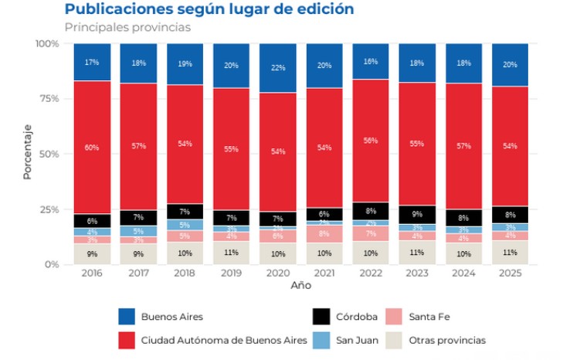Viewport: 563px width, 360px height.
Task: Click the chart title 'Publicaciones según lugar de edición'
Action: click(x=209, y=10)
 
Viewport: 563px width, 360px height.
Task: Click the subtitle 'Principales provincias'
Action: click(x=127, y=28)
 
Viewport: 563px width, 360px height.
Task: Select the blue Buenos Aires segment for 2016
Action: click(x=92, y=62)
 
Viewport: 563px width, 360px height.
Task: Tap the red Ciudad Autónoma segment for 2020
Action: click(x=278, y=151)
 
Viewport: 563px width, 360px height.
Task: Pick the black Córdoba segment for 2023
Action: click(x=417, y=215)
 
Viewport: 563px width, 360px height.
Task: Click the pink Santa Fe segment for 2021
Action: click(x=324, y=233)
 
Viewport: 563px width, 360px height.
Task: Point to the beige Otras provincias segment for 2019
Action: click(x=231, y=253)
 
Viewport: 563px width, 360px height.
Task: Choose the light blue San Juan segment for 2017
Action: click(x=138, y=231)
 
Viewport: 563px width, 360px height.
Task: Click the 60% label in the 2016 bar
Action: click(x=92, y=148)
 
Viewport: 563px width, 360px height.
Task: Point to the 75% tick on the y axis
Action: click(x=48, y=99)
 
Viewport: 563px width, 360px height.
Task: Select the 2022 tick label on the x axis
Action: click(x=371, y=273)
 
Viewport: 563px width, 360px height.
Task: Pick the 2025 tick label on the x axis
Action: click(x=510, y=273)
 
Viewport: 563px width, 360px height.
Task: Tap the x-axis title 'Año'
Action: click(x=301, y=286)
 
